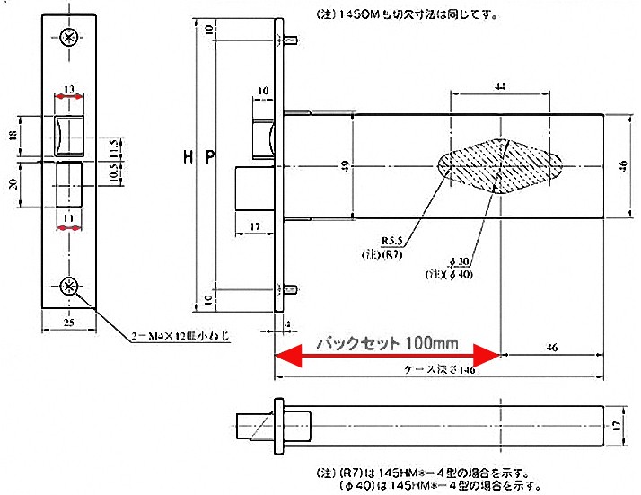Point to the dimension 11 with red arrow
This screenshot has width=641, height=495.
tap(69, 218)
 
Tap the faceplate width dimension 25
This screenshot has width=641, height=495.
tap(69, 321)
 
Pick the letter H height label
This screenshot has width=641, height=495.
tap(188, 158)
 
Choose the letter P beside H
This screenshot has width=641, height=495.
tap(210, 158)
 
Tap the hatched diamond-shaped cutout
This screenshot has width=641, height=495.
tap(499, 165)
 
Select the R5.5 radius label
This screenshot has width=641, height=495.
tap(392, 241)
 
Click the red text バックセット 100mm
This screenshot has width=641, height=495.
tap(389, 343)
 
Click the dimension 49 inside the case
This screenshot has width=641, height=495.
tap(347, 165)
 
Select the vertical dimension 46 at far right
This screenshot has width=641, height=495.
tap(624, 164)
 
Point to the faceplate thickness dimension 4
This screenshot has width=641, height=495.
tap(286, 323)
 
